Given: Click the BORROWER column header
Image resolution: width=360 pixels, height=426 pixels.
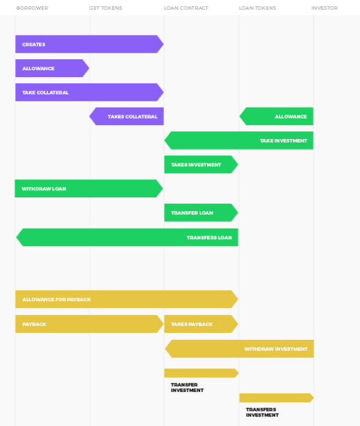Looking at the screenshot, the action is coord(32,8).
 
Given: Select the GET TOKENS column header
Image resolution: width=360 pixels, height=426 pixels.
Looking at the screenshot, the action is coord(106,8).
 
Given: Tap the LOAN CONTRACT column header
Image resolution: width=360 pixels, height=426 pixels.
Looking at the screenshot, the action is coord(186,8).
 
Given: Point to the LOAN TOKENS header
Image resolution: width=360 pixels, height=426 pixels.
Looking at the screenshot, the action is coord(258,8).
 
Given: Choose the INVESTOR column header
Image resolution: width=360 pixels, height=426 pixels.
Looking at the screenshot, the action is coord(325,8).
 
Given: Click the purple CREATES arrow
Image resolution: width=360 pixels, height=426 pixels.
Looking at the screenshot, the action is coord(90,44).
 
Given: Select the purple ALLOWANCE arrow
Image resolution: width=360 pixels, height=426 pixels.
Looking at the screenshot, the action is coord(52,68).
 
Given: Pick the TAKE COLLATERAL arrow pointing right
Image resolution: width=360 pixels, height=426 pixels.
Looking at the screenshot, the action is coord(90,92).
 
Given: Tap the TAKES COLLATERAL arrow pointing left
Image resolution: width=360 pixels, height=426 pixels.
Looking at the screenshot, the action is coord(126,116).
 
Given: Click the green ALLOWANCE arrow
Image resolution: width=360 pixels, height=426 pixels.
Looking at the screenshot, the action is coord(277,116).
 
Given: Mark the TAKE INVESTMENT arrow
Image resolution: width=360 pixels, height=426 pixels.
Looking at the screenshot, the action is coord(239,140).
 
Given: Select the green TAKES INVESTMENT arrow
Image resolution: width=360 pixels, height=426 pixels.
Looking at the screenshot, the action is coord(202,165).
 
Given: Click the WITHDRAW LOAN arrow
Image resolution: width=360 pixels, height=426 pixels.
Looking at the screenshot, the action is coord(89,188).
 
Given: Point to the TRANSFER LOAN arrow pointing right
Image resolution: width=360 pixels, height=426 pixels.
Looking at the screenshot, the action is coord(202,213).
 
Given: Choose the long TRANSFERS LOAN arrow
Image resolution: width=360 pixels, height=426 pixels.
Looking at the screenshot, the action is coord(127,238).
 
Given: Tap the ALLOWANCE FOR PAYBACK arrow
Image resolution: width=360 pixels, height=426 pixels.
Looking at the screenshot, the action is coord(127,299).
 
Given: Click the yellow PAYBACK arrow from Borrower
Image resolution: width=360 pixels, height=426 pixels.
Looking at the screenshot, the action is coord(90,324).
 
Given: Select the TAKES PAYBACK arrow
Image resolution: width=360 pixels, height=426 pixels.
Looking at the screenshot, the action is coord(202,324).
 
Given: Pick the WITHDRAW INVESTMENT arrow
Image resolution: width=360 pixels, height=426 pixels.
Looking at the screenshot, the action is coord(239,349).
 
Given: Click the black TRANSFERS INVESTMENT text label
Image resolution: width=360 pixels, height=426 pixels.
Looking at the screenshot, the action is coord(262,412).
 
